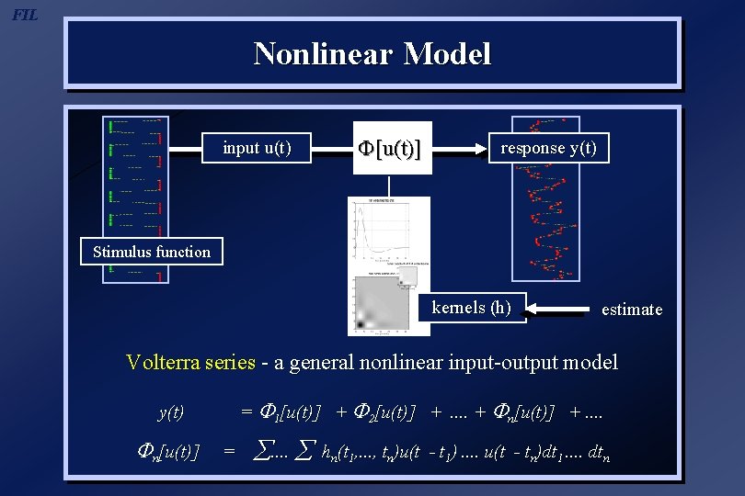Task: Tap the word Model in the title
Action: (446, 53)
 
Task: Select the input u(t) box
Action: (258, 148)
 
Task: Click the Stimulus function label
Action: (152, 252)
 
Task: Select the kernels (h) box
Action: (472, 308)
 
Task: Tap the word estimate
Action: (631, 310)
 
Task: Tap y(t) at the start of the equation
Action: (172, 413)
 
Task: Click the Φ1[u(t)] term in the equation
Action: (291, 412)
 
